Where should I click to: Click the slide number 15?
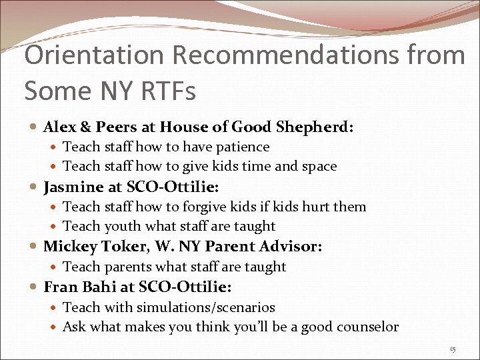coord(453,349)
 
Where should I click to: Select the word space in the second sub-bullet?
coord(317,167)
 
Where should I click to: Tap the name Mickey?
coord(72,247)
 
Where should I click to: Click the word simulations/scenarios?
coord(206,307)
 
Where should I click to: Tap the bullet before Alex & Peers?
coord(34,127)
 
